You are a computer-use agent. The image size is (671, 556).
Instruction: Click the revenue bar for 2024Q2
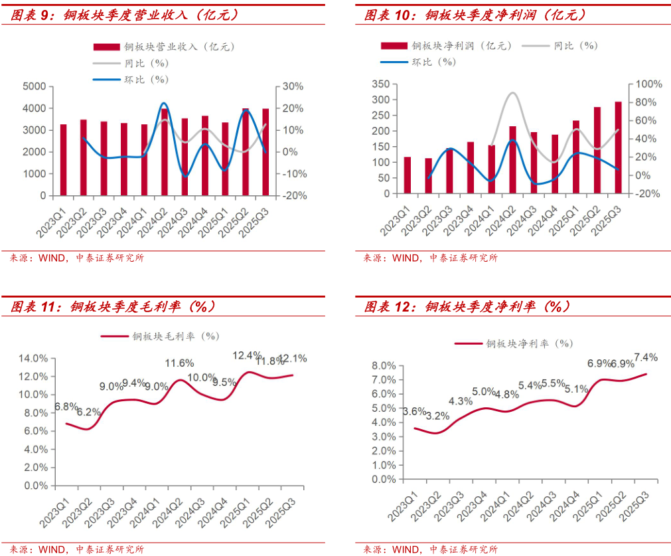click(x=165, y=152)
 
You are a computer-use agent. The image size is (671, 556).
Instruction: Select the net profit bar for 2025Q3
click(x=618, y=148)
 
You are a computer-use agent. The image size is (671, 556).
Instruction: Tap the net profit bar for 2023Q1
click(x=407, y=175)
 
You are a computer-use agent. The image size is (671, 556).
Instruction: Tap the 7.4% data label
click(x=646, y=357)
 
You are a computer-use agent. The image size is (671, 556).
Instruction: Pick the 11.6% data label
click(x=179, y=363)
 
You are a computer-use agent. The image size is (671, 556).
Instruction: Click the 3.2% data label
click(x=437, y=417)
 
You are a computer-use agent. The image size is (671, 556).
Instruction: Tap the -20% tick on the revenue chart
click(x=293, y=196)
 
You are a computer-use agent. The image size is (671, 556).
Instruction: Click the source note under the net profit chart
click(x=429, y=258)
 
